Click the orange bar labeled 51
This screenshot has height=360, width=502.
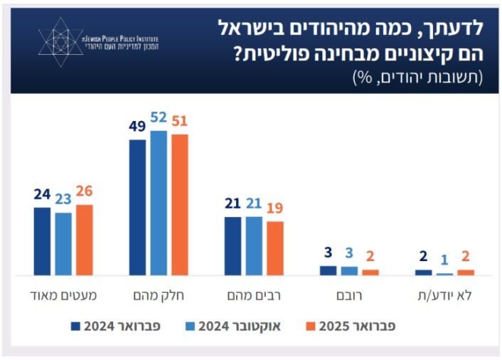coord(179,204)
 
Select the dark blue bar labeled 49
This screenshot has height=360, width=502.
coord(137,207)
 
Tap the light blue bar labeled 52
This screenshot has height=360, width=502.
coord(159,203)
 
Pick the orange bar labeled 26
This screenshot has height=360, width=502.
coord(84,240)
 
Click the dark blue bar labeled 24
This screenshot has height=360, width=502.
coord(42,241)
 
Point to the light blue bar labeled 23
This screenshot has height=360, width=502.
coord(63,243)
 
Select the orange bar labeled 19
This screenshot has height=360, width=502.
coord(274,248)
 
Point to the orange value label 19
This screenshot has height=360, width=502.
coord(274,209)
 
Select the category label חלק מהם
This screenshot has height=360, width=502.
coord(159,295)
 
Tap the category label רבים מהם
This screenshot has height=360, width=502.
coord(254,295)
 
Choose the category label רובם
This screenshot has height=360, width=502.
coord(348,295)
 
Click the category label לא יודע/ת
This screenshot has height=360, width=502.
coord(444,295)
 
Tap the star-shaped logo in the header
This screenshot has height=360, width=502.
coord(62,41)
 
